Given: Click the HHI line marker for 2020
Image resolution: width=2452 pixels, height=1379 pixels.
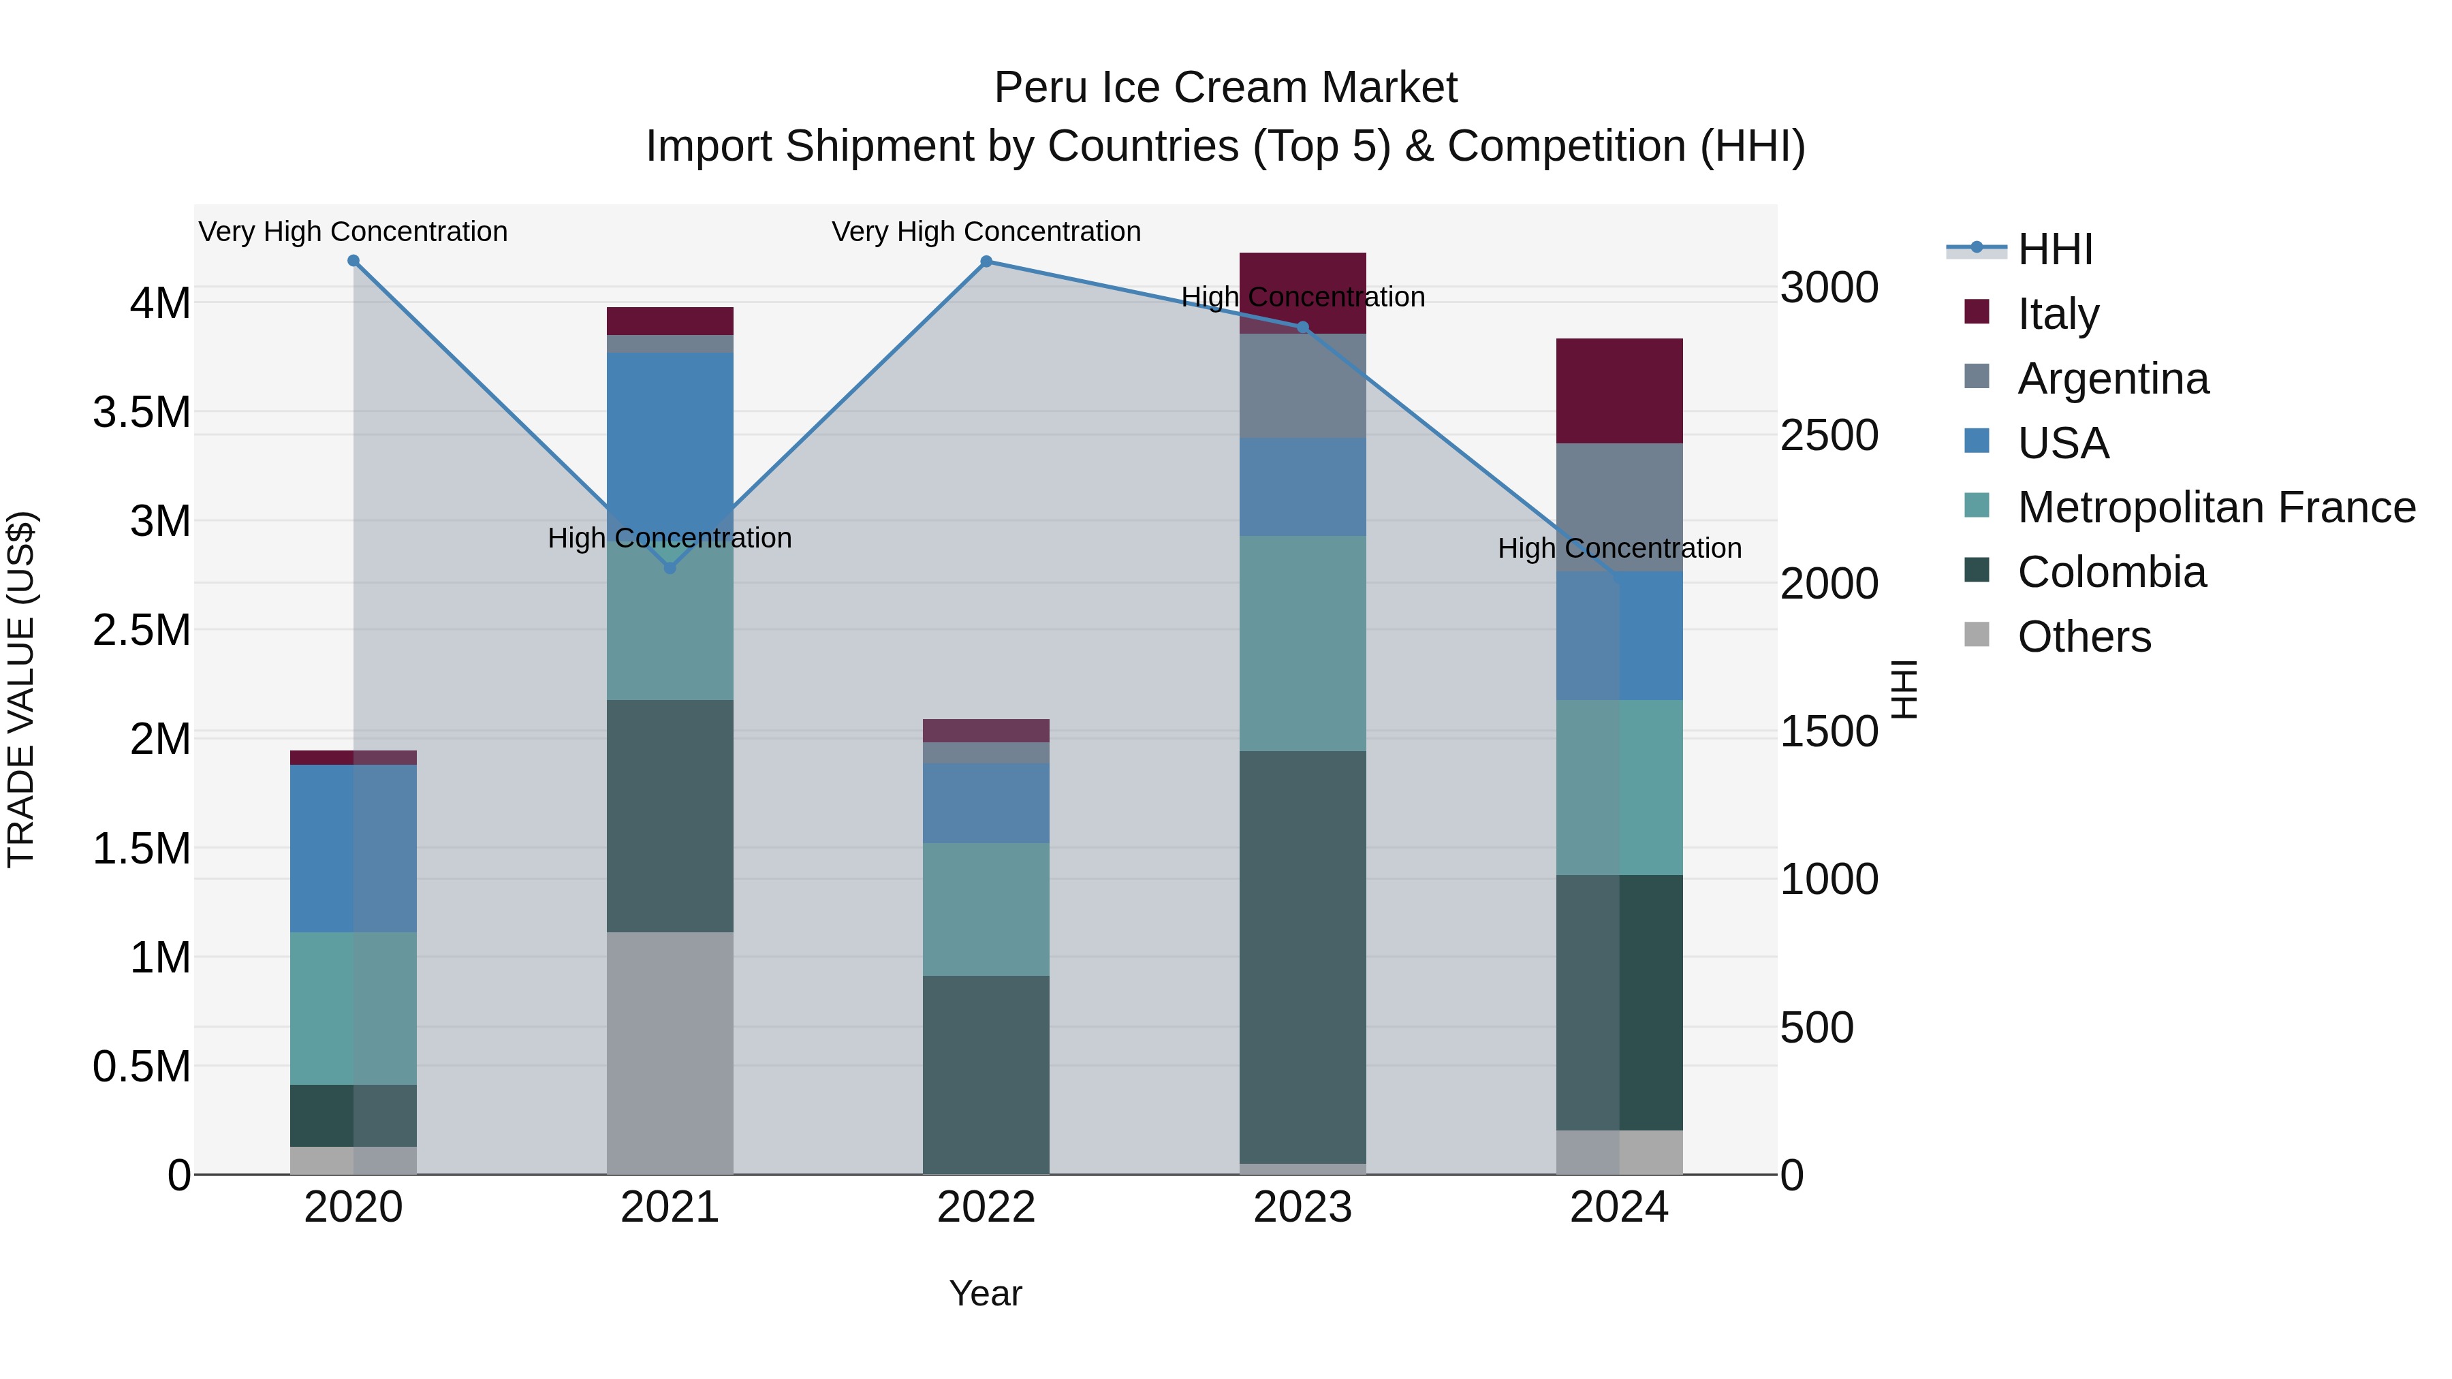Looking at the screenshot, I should click(x=353, y=261).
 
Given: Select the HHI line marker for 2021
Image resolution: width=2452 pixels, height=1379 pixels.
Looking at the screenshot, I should click(x=670, y=568).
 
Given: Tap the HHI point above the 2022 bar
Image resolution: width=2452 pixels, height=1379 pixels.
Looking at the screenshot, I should click(x=986, y=261).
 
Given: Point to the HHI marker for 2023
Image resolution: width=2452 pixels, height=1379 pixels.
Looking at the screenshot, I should click(x=1303, y=328).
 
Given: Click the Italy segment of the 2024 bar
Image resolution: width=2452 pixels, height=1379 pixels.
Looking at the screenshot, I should click(x=1619, y=390).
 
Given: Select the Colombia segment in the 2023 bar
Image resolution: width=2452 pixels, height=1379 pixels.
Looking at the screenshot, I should click(x=1303, y=957).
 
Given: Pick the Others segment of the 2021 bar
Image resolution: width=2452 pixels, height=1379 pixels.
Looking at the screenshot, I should click(x=670, y=1053).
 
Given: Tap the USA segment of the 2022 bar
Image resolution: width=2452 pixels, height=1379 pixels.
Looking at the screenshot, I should click(x=986, y=802).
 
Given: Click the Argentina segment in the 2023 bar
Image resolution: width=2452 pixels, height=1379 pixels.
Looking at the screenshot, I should click(x=1303, y=385).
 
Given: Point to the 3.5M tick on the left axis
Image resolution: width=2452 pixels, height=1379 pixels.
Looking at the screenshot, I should click(x=142, y=413).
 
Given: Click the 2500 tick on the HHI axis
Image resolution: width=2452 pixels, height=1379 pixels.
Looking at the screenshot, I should click(x=1829, y=436).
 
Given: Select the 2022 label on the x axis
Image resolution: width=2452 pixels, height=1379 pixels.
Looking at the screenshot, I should click(x=986, y=1207).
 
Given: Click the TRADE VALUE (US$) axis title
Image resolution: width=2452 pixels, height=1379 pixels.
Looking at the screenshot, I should click(x=21, y=689).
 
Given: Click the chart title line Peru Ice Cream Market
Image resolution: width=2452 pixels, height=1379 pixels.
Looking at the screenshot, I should click(x=1225, y=88).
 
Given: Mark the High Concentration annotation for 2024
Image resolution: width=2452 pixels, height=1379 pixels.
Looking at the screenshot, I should click(x=1619, y=548).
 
